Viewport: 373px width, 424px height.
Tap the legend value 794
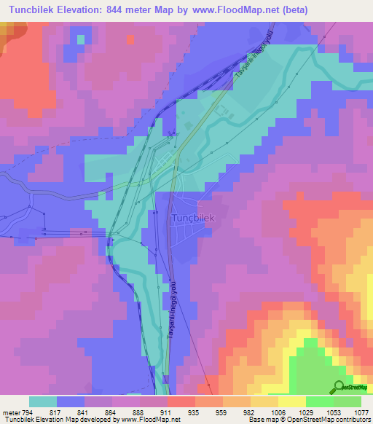click(28, 412)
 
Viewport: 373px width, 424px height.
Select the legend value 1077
click(361, 412)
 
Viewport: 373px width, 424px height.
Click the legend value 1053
click(333, 412)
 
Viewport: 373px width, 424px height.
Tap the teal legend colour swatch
click(43, 401)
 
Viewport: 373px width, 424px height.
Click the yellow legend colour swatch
click(291, 401)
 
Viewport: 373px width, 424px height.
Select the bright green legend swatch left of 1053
click(319, 401)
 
